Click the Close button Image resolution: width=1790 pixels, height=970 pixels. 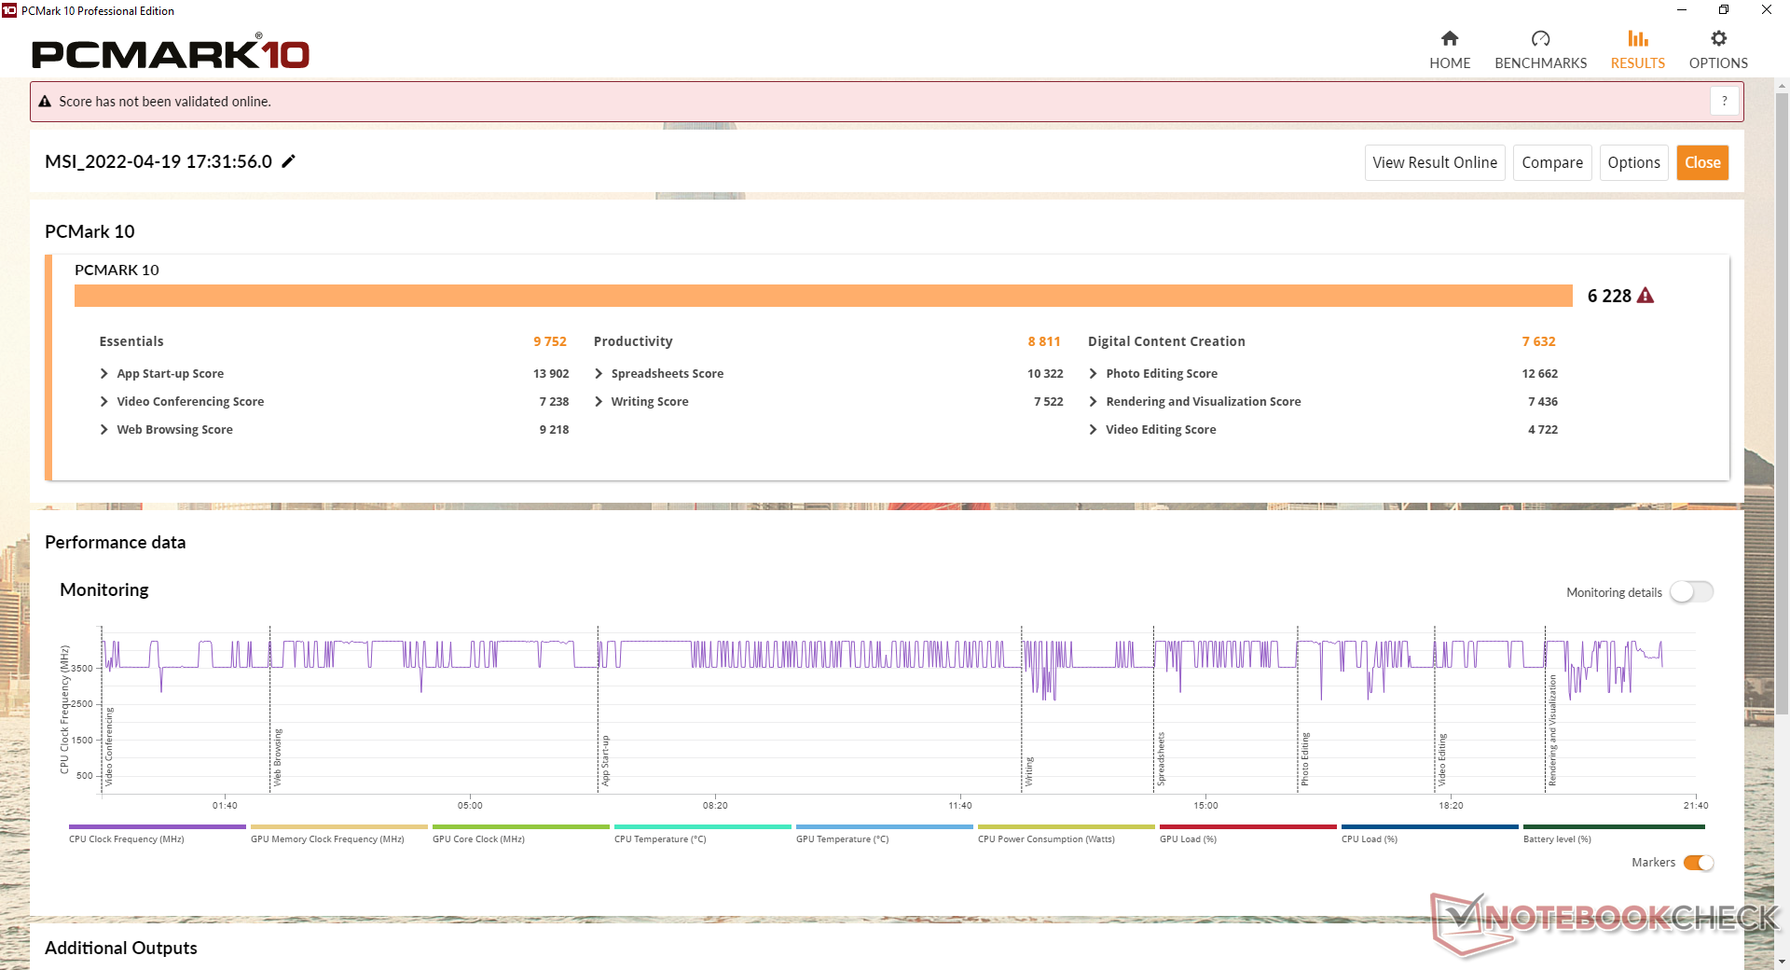pyautogui.click(x=1702, y=162)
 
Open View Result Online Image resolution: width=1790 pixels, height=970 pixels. pyautogui.click(x=1434, y=162)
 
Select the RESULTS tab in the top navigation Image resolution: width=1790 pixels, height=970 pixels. pyautogui.click(x=1637, y=49)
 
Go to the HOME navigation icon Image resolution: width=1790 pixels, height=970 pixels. pyautogui.click(x=1450, y=39)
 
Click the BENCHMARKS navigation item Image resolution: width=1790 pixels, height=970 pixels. pyautogui.click(x=1540, y=49)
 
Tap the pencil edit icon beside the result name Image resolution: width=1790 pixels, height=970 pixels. pyautogui.click(x=289, y=161)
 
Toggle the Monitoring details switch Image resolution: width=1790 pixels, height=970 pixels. pyautogui.click(x=1691, y=592)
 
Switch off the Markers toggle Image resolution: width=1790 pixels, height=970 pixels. pyautogui.click(x=1699, y=863)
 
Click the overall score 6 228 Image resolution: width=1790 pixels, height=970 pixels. pyautogui.click(x=1609, y=296)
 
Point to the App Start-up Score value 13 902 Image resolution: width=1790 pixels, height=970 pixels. pyautogui.click(x=551, y=374)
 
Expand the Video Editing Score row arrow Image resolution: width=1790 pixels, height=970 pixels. pyautogui.click(x=1093, y=430)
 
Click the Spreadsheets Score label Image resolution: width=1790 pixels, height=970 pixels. pyautogui.click(x=667, y=374)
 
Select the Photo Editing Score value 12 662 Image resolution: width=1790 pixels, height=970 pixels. pyautogui.click(x=1539, y=374)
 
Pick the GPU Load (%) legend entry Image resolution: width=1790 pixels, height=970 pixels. pyautogui.click(x=1188, y=839)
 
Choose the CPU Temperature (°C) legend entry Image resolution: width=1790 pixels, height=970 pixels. pyautogui.click(x=660, y=839)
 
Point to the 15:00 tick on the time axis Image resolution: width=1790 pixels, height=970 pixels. pyautogui.click(x=1205, y=805)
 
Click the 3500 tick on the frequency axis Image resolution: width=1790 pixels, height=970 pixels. pyautogui.click(x=82, y=669)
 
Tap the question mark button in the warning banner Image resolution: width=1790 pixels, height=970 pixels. pyautogui.click(x=1724, y=101)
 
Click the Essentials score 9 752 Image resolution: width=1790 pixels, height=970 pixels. pyautogui.click(x=550, y=341)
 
